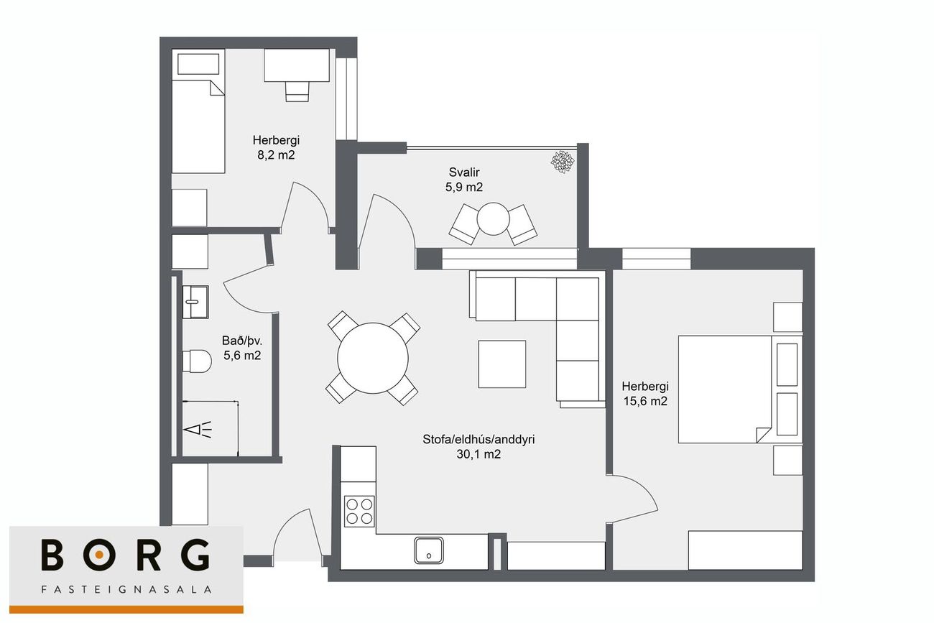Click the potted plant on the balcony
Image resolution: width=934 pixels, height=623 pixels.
563,162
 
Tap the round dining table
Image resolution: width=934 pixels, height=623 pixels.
373,358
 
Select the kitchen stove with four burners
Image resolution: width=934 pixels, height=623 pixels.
359,511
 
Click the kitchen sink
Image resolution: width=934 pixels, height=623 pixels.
429,550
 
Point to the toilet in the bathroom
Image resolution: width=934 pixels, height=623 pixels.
197,361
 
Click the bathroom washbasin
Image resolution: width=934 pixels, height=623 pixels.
195,302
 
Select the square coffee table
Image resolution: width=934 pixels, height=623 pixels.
502,364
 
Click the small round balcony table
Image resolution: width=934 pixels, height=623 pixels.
494,218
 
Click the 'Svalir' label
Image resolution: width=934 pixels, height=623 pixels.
464,172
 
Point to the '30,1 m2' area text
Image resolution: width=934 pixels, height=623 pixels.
478,454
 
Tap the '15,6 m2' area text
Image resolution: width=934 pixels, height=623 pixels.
645,401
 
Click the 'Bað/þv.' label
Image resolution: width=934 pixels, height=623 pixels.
242,341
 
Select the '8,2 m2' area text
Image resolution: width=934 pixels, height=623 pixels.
276,155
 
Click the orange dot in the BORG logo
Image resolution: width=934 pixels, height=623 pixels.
99,554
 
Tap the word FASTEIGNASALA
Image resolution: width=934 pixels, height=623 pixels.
126,589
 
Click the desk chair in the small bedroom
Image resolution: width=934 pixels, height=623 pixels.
297,91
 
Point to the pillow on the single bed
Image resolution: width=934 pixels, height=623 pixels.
198,64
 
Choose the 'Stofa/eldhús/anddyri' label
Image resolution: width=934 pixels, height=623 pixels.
478,440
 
